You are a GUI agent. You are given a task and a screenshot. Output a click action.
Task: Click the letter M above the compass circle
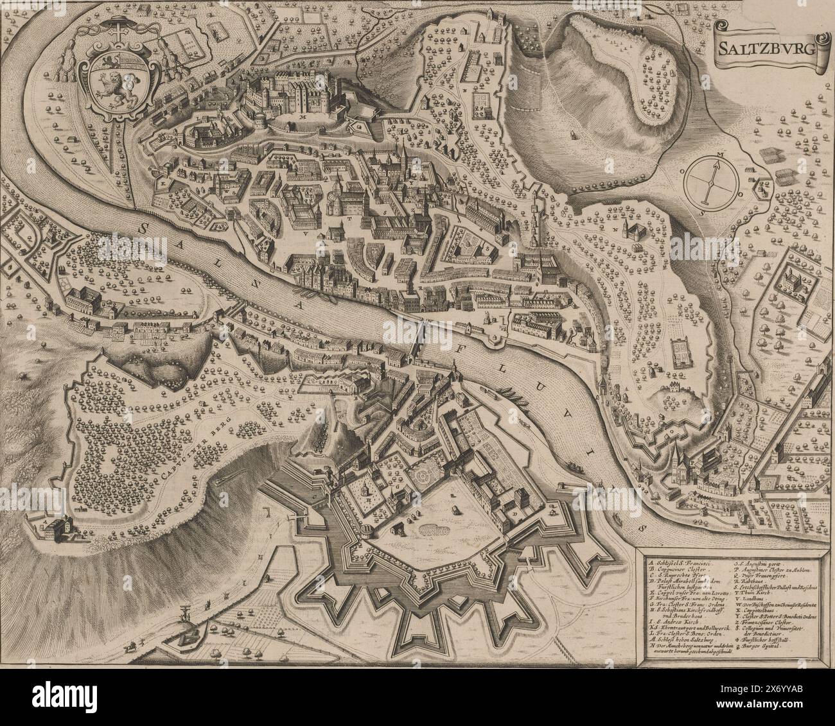[721, 155]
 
